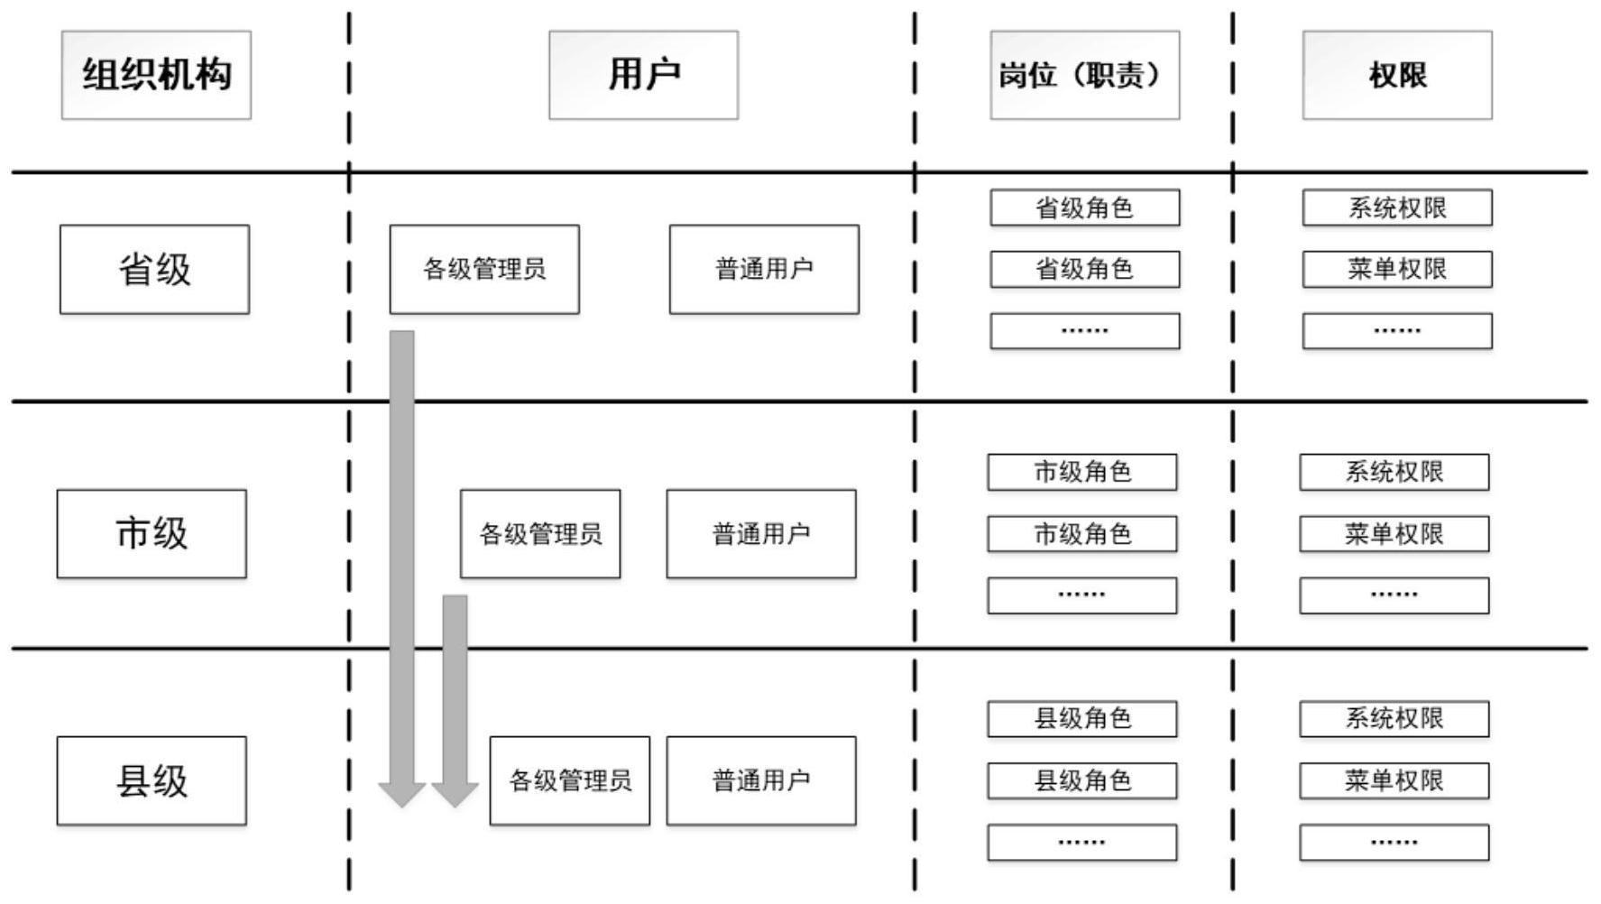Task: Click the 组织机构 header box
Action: click(156, 75)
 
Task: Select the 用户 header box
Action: click(643, 75)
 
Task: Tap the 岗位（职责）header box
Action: click(1084, 75)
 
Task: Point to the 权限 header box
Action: click(1396, 75)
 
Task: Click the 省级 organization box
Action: click(154, 269)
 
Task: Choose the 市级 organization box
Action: click(152, 533)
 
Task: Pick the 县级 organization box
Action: click(152, 780)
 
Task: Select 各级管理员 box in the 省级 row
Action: click(484, 269)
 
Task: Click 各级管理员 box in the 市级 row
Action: click(540, 533)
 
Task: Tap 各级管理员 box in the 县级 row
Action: click(569, 780)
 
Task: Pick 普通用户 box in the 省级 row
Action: click(764, 269)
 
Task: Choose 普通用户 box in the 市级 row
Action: click(761, 533)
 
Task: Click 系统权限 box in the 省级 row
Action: click(1396, 208)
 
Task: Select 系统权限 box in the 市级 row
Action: click(1394, 472)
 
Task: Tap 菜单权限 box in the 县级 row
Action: click(1394, 780)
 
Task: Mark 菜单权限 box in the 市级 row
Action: click(1394, 534)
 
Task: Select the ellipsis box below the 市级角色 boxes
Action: click(1081, 595)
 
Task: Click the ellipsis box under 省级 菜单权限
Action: click(1396, 331)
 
